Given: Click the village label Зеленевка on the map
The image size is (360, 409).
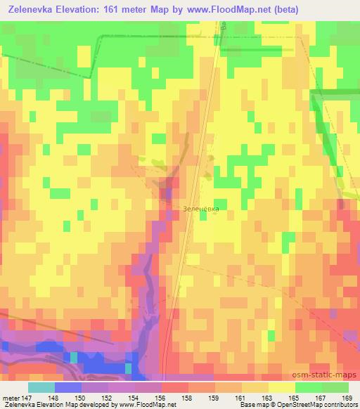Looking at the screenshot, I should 199,209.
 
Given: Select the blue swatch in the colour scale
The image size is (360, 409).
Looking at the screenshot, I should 67,387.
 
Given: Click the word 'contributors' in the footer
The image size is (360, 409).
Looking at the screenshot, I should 342,404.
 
